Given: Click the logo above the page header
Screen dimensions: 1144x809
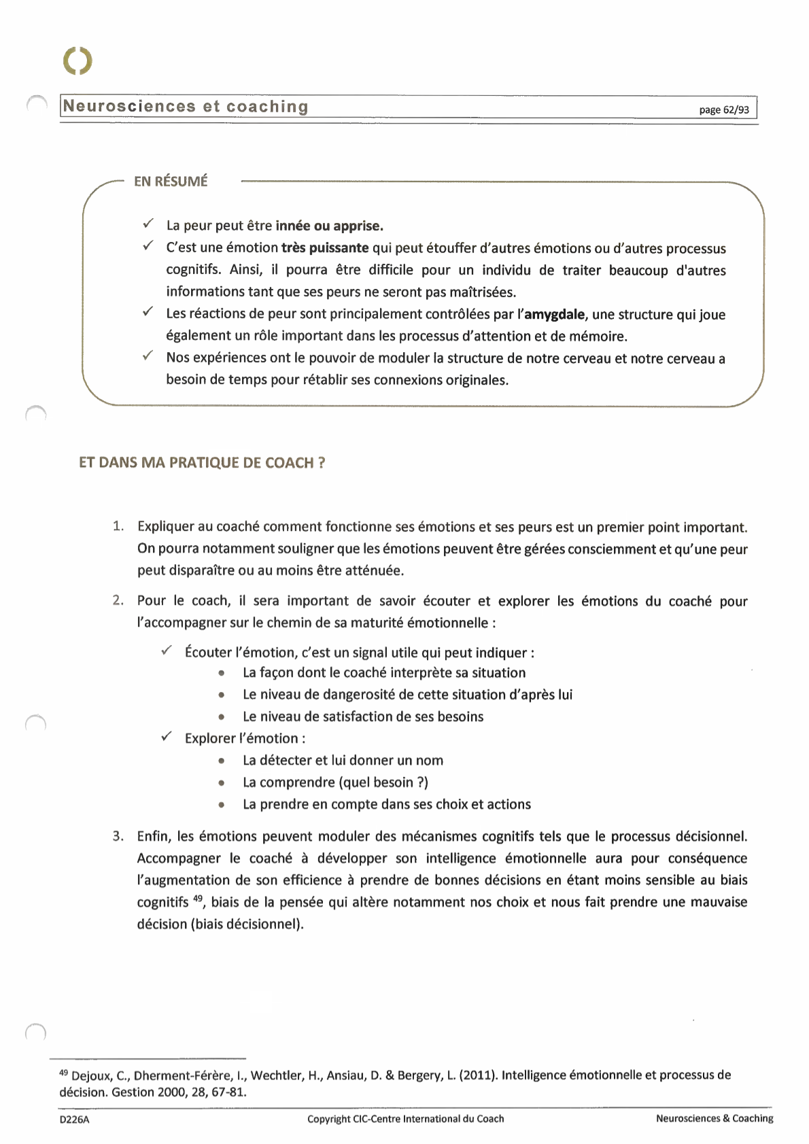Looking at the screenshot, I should [x=78, y=61].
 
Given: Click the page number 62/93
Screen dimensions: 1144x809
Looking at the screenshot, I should [x=724, y=110].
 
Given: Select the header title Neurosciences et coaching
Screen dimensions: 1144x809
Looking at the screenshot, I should [x=186, y=107].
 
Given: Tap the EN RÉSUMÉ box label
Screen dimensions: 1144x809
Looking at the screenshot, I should [x=171, y=181].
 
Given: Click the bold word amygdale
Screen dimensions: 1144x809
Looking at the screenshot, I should [x=555, y=315].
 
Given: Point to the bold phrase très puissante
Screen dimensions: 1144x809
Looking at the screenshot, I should [x=325, y=248].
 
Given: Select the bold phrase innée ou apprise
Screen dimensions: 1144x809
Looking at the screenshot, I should [x=329, y=226].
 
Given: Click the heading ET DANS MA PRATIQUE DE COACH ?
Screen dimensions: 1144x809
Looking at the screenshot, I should [x=202, y=463].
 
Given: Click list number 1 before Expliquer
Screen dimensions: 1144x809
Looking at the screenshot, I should [x=118, y=526].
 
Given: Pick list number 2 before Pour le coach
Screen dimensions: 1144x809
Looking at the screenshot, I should [x=118, y=600].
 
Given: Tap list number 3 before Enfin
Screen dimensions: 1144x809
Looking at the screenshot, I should [x=118, y=836].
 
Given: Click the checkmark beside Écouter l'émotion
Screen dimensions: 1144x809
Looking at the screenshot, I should [x=167, y=651].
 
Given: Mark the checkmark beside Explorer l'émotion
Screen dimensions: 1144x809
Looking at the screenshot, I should [x=167, y=737].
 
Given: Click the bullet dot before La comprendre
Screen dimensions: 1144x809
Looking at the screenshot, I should [x=222, y=783].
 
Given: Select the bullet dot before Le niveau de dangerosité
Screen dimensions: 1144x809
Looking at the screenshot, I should [x=222, y=695].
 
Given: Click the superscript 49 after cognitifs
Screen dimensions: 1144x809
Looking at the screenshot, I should [x=198, y=899].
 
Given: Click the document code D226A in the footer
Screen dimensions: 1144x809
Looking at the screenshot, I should [x=74, y=1120].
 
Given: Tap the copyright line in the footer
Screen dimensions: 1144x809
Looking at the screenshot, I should [x=405, y=1119].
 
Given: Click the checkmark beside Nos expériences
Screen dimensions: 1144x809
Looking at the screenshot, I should [x=148, y=356].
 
